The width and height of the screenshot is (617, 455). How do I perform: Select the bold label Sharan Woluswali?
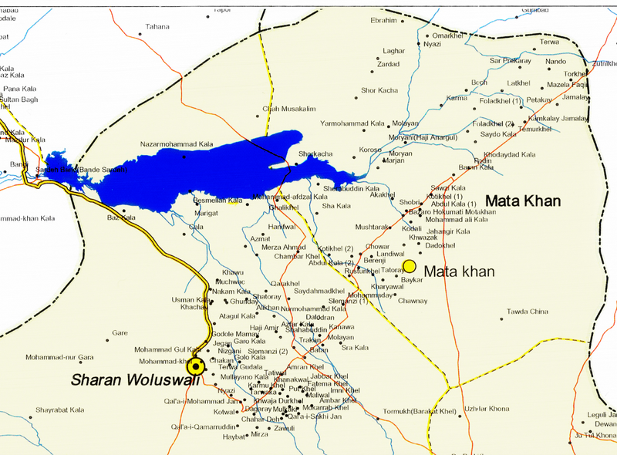(x=135, y=379)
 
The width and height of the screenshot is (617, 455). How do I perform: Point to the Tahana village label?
(x=157, y=26)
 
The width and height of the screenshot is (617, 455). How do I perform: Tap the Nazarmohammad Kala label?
(x=176, y=144)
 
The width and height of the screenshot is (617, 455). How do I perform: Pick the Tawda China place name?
(x=527, y=312)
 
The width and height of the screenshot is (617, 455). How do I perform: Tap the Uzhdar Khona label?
(x=486, y=408)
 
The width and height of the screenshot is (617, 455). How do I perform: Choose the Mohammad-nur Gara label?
(x=59, y=357)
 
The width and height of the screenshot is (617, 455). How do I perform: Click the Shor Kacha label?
(x=379, y=90)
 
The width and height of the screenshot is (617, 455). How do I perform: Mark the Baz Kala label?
(x=121, y=217)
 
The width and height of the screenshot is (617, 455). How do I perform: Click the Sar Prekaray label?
(x=511, y=60)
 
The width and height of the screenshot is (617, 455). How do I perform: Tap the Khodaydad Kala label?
(x=509, y=154)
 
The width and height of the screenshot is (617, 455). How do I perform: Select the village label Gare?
(x=120, y=333)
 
